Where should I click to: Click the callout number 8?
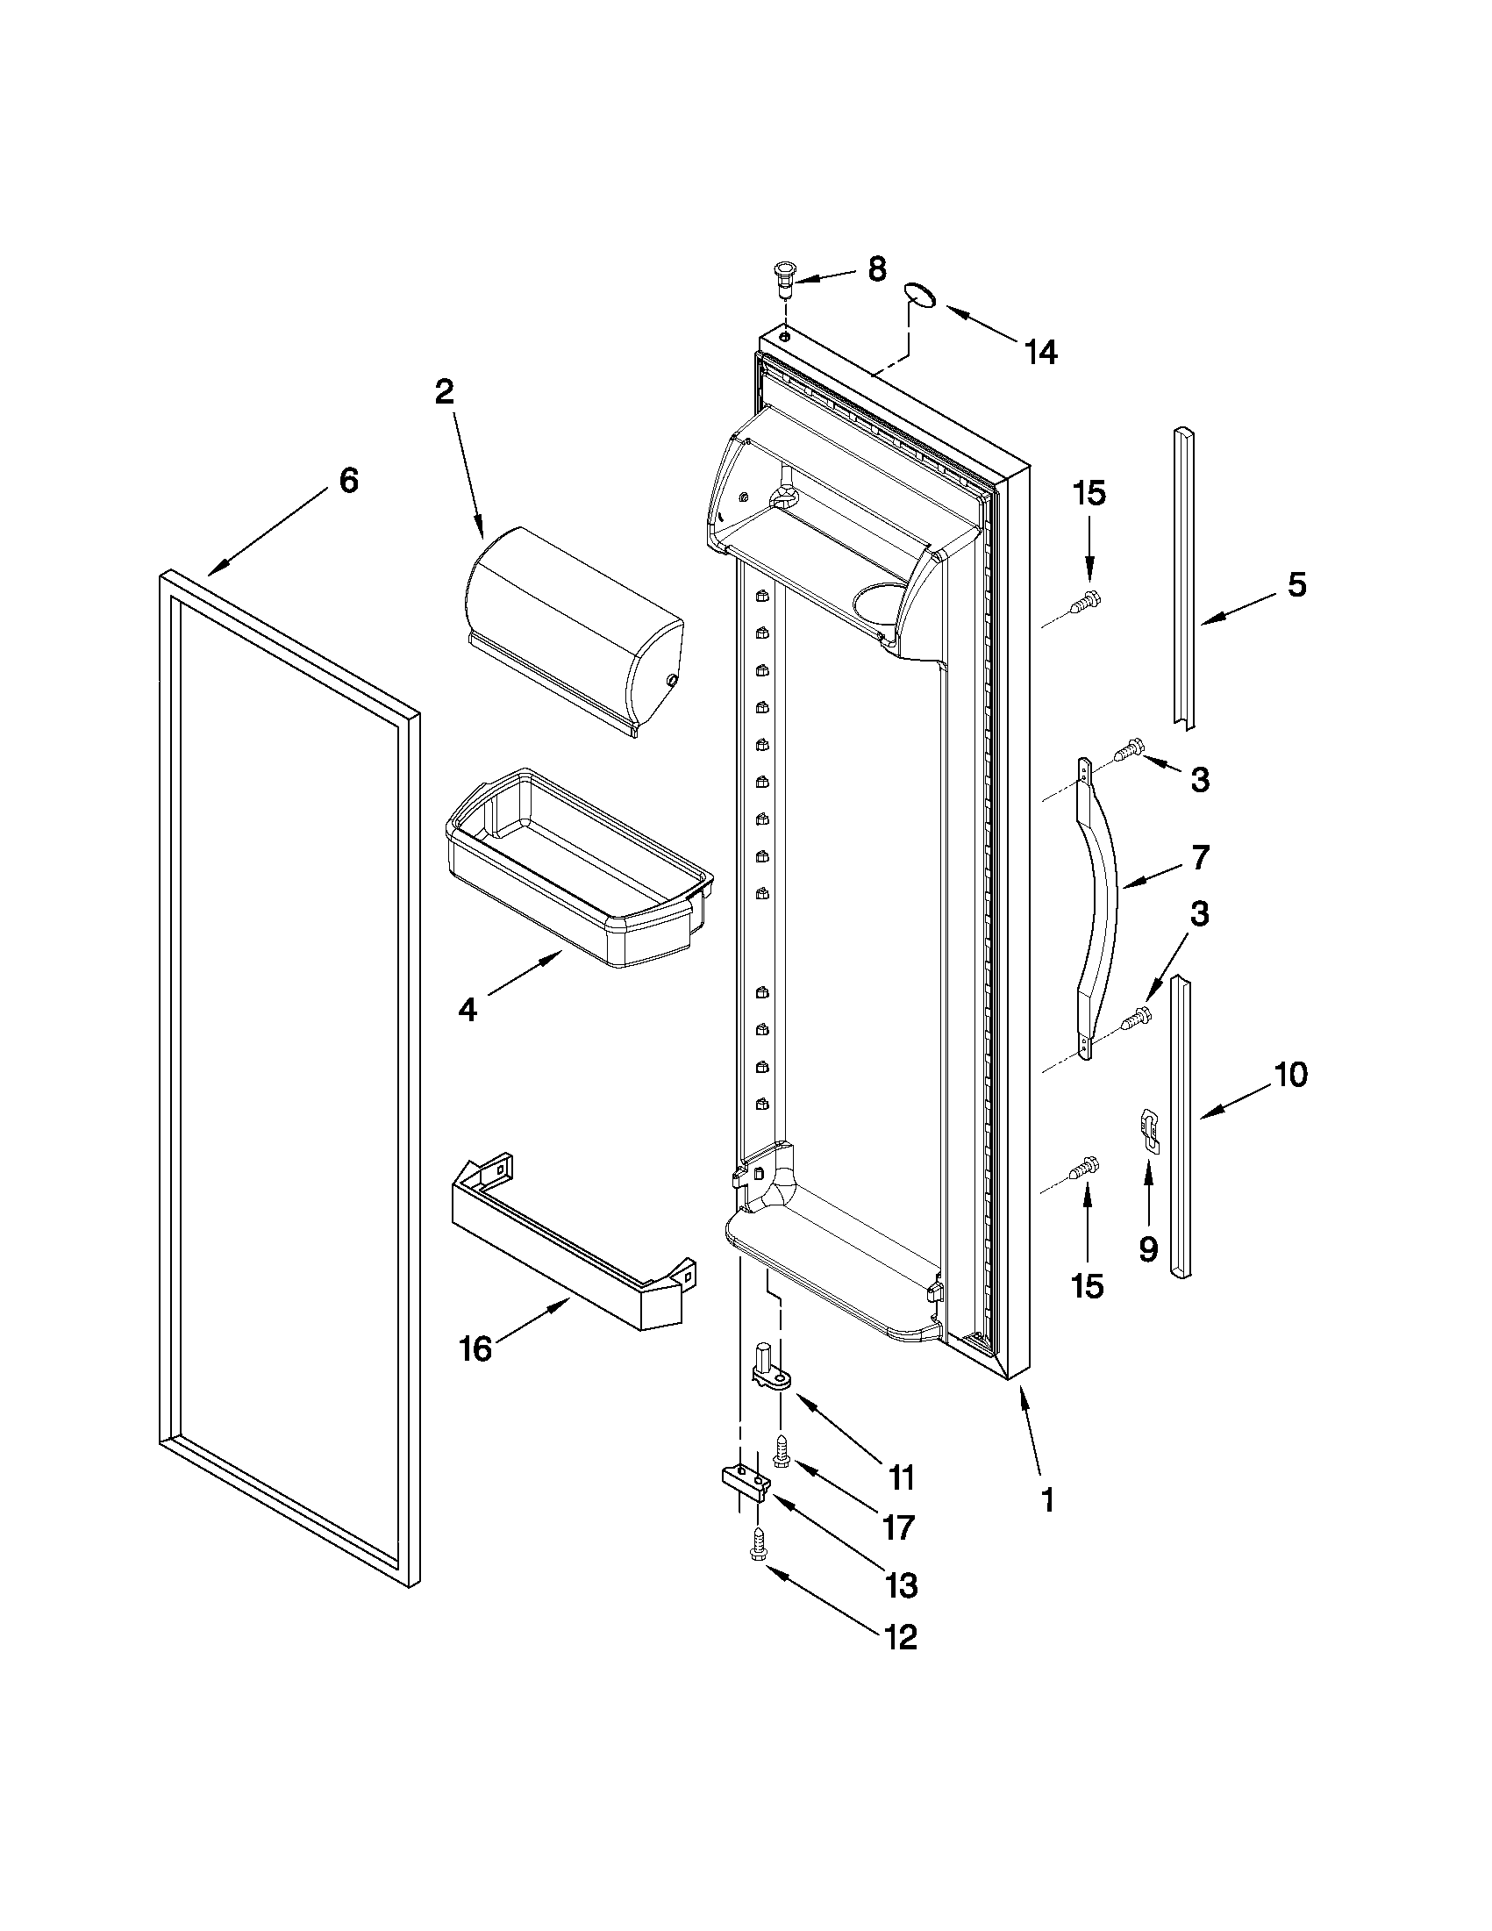pyautogui.click(x=876, y=269)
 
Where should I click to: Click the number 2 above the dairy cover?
pyautogui.click(x=444, y=391)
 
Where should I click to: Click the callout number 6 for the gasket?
pyautogui.click(x=349, y=481)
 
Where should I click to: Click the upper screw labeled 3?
pyautogui.click(x=1126, y=753)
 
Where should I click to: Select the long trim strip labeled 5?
pyautogui.click(x=1183, y=579)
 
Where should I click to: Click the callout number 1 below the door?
pyautogui.click(x=1047, y=1500)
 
